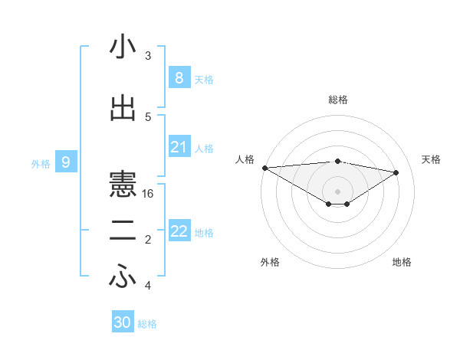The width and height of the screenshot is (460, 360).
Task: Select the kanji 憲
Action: [x=123, y=184]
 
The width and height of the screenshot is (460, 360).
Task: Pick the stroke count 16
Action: [x=149, y=194]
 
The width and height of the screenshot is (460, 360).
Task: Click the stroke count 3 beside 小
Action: [x=148, y=56]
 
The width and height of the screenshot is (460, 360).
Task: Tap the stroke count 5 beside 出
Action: [x=148, y=116]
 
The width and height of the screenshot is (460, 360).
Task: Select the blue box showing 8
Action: [x=179, y=77]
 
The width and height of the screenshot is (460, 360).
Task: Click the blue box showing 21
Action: [x=179, y=147]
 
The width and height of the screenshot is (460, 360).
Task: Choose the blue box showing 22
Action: [x=179, y=231]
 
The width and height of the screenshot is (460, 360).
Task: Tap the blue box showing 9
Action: [x=66, y=162]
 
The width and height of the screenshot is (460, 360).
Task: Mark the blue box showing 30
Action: [x=123, y=322]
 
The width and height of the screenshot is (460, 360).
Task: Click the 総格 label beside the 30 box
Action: [x=147, y=324]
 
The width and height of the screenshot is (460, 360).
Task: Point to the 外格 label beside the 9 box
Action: [x=41, y=163]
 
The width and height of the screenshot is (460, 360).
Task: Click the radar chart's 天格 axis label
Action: [x=432, y=159]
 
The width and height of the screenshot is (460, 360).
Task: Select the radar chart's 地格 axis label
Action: [x=402, y=262]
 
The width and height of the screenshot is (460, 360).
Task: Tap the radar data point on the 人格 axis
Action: [x=264, y=168]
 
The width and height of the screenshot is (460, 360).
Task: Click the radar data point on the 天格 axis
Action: [x=396, y=172]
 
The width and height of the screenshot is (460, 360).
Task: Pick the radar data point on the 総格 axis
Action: [x=337, y=161]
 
